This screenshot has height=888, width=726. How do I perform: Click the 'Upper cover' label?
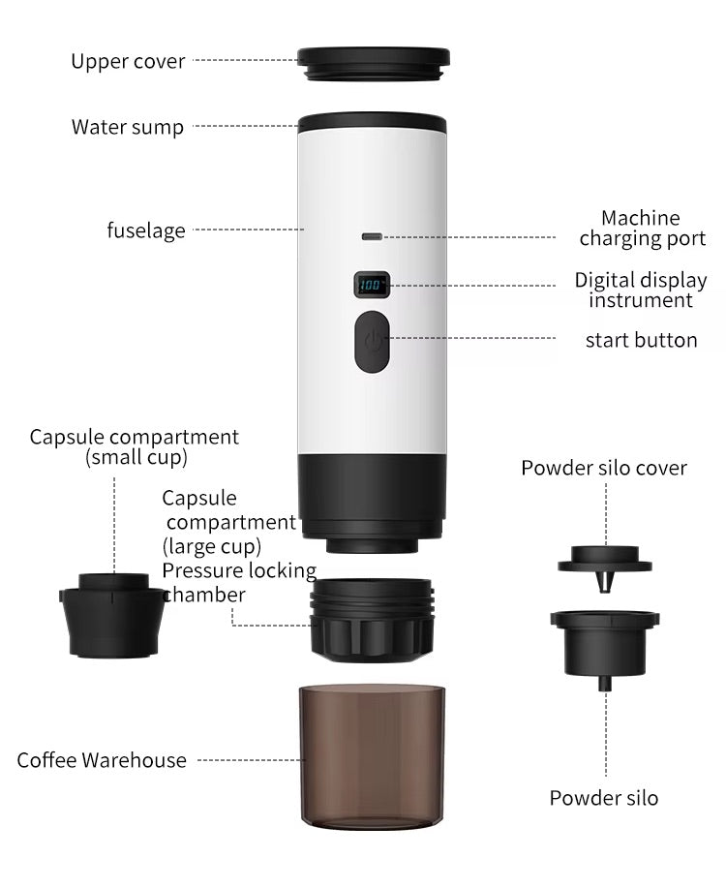pos(128,62)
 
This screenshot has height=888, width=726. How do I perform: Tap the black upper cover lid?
pos(373,64)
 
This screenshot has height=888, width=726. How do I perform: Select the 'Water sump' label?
pos(127,127)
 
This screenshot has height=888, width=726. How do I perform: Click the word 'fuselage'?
pos(145,230)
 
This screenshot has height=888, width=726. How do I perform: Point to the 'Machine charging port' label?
pos(642,229)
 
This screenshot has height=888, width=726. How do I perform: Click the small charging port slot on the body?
pos(372,236)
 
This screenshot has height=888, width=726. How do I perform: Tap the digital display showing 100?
pos(372,286)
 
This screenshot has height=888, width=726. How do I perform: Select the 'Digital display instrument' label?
pos(641,291)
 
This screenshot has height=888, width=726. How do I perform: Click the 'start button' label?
pos(641,340)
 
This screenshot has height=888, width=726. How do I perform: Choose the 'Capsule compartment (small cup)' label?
pos(134,446)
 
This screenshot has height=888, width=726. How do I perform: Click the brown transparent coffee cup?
pos(372,755)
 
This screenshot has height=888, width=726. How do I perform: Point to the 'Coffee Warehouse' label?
pos(102,760)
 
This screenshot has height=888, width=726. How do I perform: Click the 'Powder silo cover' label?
pos(604,468)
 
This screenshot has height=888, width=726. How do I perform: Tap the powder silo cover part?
pos(605,561)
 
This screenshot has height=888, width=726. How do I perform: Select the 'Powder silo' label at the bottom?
pos(604,798)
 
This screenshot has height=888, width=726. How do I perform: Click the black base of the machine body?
pos(372,494)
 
